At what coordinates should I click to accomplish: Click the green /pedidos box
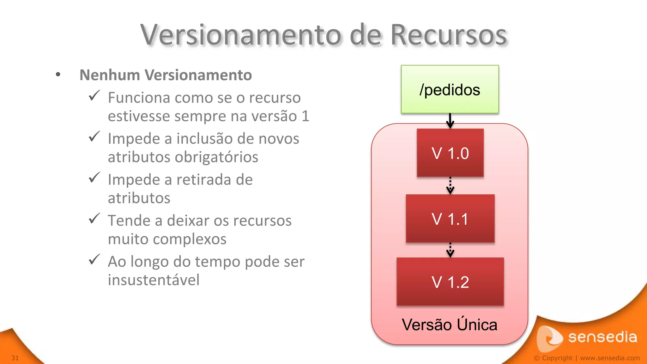450,89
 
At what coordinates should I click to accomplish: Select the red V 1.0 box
450,153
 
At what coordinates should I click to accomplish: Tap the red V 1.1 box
450,219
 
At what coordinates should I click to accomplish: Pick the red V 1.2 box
450,282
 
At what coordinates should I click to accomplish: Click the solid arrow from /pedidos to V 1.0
450,121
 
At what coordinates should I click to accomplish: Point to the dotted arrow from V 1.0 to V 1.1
450,186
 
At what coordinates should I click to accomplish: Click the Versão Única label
449,325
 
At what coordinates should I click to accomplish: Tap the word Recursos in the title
448,35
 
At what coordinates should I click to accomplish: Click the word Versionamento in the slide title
241,35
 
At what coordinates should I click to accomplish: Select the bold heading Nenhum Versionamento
166,75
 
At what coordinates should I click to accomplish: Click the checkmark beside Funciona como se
94,96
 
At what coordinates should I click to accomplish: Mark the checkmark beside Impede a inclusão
94,136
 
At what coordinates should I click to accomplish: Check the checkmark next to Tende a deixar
94,218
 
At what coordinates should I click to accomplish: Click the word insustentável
154,280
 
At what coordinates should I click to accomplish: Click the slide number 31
15,358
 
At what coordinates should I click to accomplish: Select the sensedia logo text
602,337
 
